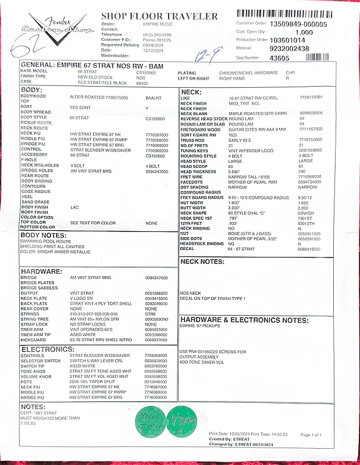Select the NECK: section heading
[x=192, y=92]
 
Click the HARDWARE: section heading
[x=41, y=271]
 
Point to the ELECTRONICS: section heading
[x=48, y=349]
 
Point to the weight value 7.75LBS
[x=28, y=423]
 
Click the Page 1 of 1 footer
[x=314, y=434]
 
